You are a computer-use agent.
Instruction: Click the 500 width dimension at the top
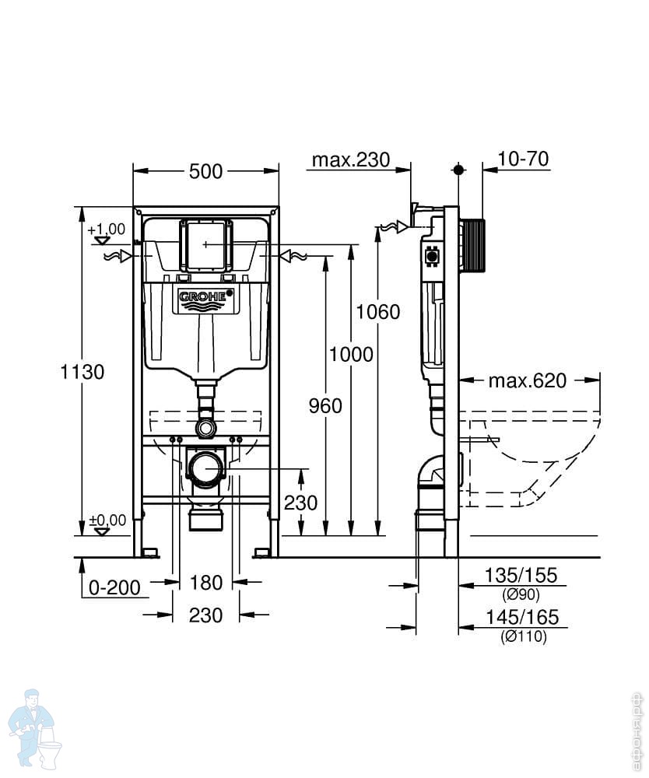coord(206,172)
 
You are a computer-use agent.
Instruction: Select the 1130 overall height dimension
coord(82,372)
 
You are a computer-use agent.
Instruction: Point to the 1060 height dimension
coord(378,312)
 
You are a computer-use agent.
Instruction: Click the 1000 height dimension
coord(351,354)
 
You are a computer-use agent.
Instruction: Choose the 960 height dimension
coord(325,406)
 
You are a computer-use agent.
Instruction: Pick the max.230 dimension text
coord(351,159)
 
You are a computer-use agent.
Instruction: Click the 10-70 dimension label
coord(523,159)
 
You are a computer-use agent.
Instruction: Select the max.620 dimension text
coord(528,380)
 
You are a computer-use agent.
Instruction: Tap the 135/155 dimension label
coord(521,575)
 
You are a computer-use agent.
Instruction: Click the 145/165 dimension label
coord(522,617)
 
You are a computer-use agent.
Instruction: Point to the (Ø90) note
coord(521,594)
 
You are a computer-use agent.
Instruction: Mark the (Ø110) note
coord(524,636)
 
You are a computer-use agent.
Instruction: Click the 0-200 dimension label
coord(114,587)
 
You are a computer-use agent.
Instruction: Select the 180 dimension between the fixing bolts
coord(206,583)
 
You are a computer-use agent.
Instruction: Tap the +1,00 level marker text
coord(107,230)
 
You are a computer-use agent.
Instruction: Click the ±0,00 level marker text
coord(107,520)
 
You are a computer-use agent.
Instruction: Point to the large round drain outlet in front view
coord(206,468)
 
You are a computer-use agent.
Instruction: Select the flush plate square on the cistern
coord(205,245)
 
